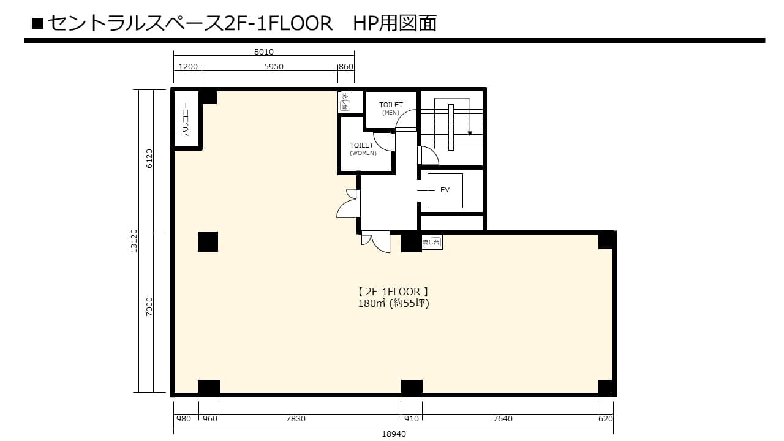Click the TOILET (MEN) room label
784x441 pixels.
click(x=391, y=108)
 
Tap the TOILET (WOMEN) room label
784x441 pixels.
click(x=363, y=149)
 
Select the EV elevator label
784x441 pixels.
click(x=445, y=190)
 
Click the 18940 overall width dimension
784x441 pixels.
click(x=393, y=434)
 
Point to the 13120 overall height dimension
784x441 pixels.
click(x=134, y=241)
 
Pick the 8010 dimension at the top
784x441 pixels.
click(x=263, y=52)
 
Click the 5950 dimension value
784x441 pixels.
click(x=273, y=67)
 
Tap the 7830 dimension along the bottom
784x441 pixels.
click(x=296, y=418)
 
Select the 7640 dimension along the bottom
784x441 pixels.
click(x=503, y=418)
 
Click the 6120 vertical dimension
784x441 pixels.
click(x=149, y=159)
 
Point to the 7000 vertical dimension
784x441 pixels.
click(x=149, y=307)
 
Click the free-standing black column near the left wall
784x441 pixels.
click(x=208, y=241)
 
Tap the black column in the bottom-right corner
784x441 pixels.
click(x=605, y=386)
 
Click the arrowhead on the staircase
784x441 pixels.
click(x=470, y=134)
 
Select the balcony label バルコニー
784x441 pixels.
click(x=186, y=119)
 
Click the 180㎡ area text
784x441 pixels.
click(x=371, y=303)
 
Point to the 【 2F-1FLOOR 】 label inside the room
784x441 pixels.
click(x=393, y=292)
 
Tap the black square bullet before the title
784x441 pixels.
click(x=37, y=23)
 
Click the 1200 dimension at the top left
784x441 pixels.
click(x=188, y=67)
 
